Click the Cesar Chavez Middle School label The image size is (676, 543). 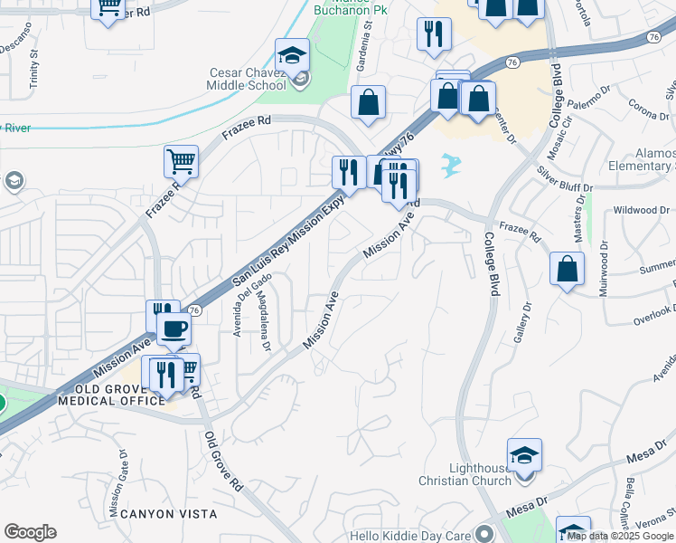point(249,79)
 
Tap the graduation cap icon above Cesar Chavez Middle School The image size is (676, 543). point(292,56)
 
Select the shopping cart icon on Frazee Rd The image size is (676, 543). point(181,162)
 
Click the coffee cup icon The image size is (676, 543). point(174,329)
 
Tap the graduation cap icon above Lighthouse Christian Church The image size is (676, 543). point(524,454)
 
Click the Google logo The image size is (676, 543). point(30,532)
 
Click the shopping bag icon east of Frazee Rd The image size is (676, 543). point(567,269)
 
